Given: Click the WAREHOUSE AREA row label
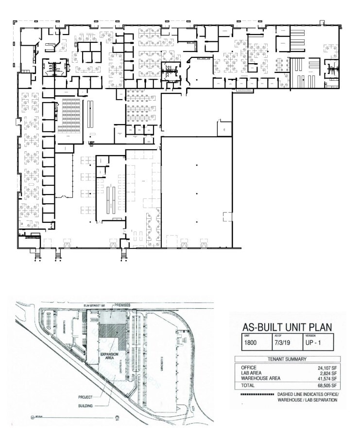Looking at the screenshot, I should click(256, 379).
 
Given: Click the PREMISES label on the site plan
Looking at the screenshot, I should click(122, 304).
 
